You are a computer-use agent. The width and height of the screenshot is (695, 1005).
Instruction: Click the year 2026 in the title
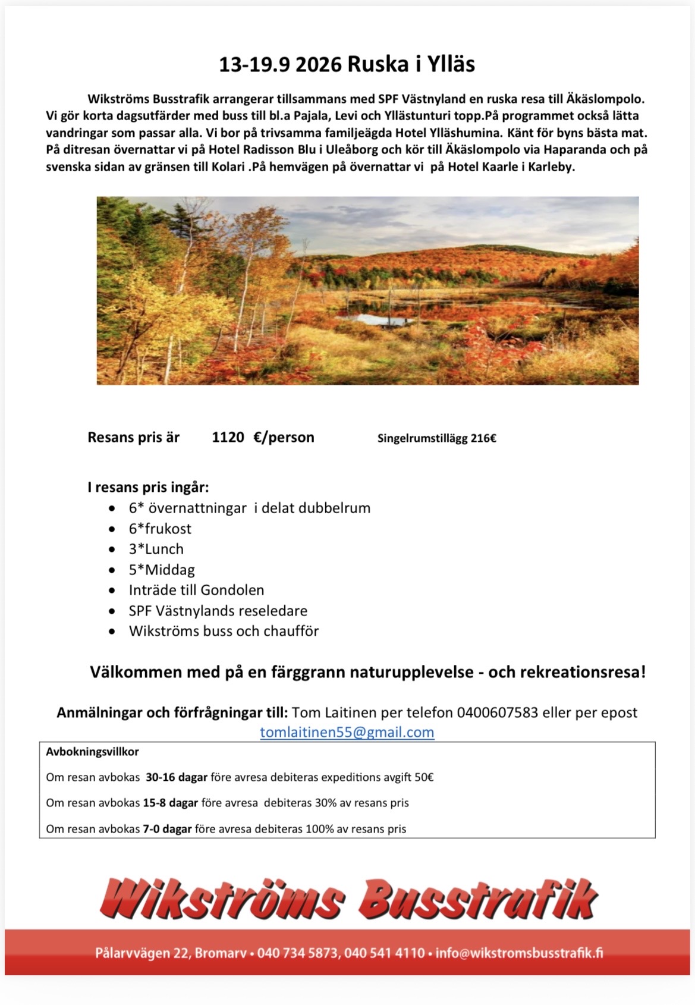317,64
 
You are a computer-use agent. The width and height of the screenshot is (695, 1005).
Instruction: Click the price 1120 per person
228,438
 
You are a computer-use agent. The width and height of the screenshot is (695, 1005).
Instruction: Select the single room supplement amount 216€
483,439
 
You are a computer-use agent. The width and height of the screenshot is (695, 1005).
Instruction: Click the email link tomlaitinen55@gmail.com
347,732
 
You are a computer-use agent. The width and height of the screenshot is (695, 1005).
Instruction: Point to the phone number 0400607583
497,712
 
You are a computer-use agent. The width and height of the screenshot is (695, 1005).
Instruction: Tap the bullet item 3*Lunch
156,549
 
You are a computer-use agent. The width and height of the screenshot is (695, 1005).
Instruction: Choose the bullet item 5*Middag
162,570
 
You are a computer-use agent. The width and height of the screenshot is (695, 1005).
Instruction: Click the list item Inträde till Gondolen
196,590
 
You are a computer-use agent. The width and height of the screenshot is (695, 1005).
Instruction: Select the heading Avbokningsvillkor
92,752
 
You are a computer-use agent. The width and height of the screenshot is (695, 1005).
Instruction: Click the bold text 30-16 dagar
176,777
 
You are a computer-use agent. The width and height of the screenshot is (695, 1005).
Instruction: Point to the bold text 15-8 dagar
170,803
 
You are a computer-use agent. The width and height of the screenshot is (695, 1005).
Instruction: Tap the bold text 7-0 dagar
167,829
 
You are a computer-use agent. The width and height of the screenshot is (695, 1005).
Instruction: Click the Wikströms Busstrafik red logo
348,899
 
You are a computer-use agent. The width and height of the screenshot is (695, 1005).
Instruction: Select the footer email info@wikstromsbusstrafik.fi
519,953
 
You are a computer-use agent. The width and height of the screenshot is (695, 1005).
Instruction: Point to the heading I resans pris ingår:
148,488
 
